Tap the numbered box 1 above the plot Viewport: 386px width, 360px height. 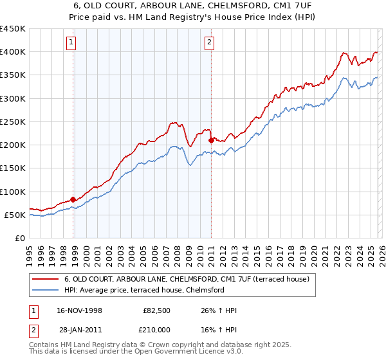(71, 43)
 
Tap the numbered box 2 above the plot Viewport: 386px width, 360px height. (210, 43)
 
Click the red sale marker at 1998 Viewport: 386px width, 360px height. (73, 199)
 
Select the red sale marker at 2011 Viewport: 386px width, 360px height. (211, 139)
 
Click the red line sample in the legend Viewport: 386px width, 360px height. (46, 279)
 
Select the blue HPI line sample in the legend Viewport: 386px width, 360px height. (46, 290)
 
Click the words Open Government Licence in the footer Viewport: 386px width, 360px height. (187, 354)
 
